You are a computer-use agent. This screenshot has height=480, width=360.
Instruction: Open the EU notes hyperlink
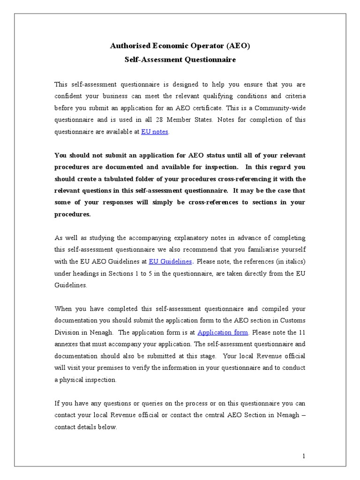155,132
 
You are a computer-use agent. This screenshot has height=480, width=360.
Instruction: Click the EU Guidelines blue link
170,261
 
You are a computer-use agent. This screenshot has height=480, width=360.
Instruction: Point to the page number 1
303,456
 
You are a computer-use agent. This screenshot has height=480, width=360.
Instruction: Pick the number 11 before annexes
301,332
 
